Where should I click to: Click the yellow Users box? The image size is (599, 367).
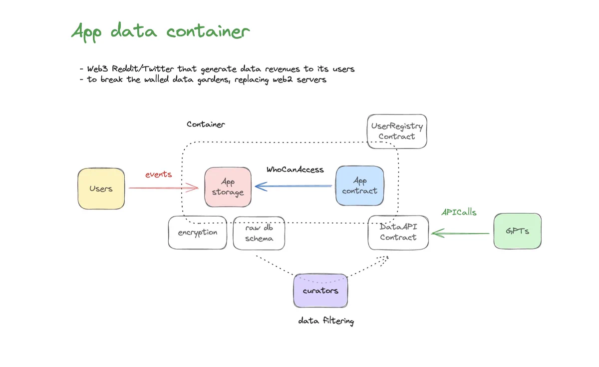[x=101, y=188]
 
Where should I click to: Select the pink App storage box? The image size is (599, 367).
[x=228, y=187]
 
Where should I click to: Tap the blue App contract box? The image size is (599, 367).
[x=360, y=185]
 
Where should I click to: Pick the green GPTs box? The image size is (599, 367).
[x=518, y=231]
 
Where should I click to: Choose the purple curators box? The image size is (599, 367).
[x=320, y=290]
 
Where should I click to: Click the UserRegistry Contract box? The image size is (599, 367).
[x=397, y=131]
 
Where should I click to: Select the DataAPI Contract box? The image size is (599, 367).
[x=398, y=232]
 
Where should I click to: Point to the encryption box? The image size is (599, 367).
[x=198, y=232]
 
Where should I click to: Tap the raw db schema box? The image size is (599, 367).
[x=259, y=233]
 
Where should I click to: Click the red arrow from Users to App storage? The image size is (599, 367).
[x=164, y=188]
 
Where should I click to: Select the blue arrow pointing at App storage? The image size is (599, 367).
[x=294, y=186]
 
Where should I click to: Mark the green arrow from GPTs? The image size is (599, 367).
[x=460, y=233]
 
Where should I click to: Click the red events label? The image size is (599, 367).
[x=159, y=174]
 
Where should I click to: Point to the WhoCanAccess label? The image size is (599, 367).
[x=295, y=169]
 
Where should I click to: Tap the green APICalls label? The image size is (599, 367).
[x=459, y=212]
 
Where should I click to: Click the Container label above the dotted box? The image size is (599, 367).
[x=206, y=124]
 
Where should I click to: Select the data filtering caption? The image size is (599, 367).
[x=326, y=320]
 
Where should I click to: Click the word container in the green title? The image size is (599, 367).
[x=208, y=31]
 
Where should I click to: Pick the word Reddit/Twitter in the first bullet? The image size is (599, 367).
[x=143, y=69]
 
